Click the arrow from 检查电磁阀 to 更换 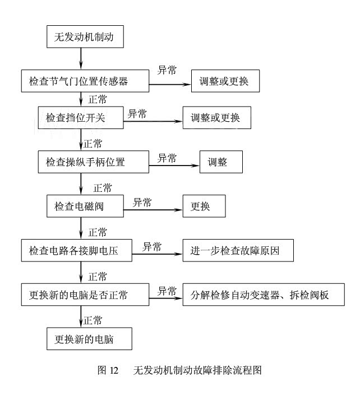tap(153, 210)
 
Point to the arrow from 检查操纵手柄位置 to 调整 tap(174, 166)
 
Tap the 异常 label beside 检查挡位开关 tap(137, 113)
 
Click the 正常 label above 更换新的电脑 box tap(93, 320)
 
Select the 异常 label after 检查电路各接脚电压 tap(152, 247)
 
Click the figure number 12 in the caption tap(114, 370)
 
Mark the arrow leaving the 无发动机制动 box tap(81, 58)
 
